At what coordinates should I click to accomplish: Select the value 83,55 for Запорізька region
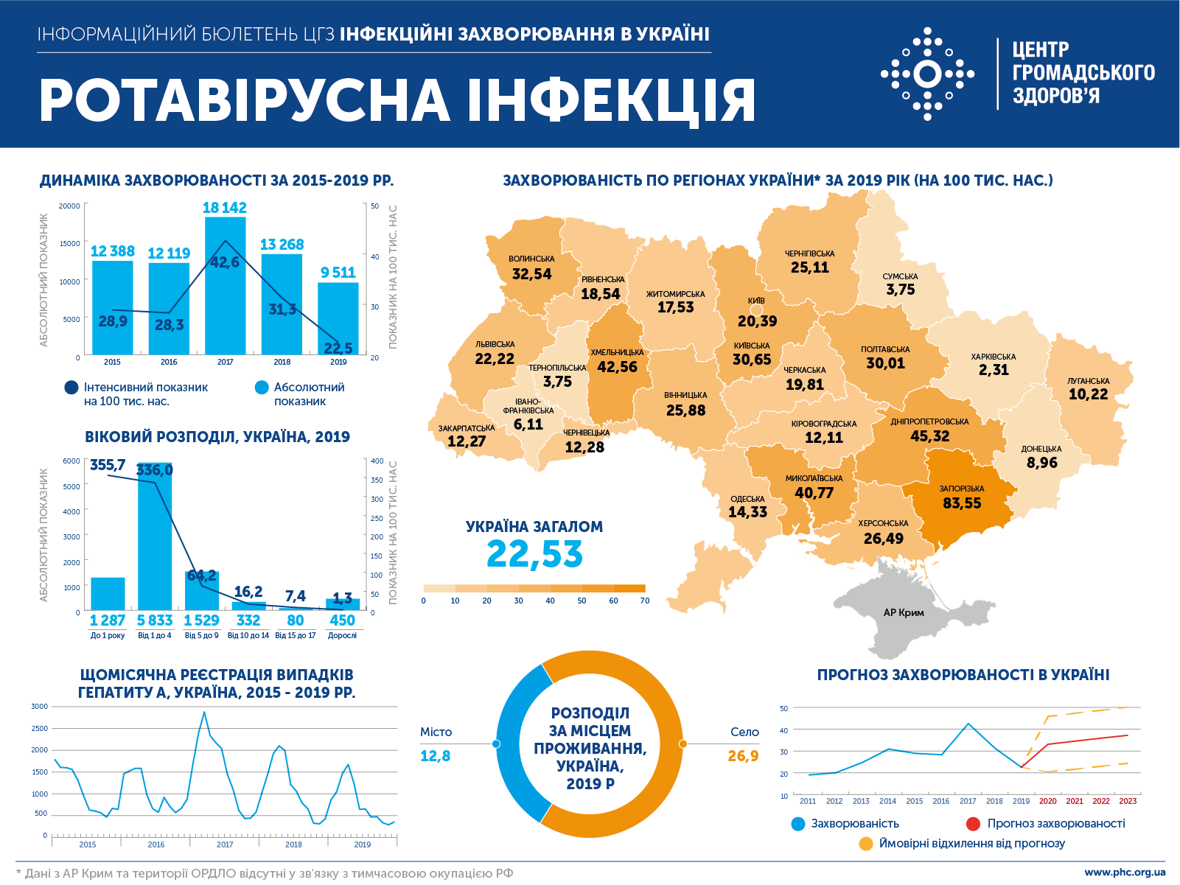click(962, 503)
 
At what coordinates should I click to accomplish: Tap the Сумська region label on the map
click(900, 276)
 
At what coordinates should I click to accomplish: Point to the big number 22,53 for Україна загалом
click(534, 554)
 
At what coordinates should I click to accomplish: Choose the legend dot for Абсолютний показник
click(262, 388)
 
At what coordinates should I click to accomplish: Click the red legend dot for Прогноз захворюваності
click(973, 824)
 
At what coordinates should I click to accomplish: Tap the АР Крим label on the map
click(904, 612)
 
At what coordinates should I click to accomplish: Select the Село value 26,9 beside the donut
click(743, 756)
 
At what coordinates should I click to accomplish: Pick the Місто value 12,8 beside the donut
click(435, 756)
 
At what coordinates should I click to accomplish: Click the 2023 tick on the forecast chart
click(1128, 801)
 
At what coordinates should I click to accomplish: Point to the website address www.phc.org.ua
click(1125, 872)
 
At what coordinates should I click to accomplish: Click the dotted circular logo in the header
click(927, 74)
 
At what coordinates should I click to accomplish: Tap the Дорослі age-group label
click(342, 635)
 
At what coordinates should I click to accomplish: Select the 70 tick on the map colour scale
click(645, 601)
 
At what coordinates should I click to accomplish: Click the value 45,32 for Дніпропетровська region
click(929, 436)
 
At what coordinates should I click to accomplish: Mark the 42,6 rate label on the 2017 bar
click(225, 262)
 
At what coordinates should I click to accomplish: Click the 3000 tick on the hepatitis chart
click(39, 706)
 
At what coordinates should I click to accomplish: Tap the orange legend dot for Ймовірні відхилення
click(866, 844)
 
